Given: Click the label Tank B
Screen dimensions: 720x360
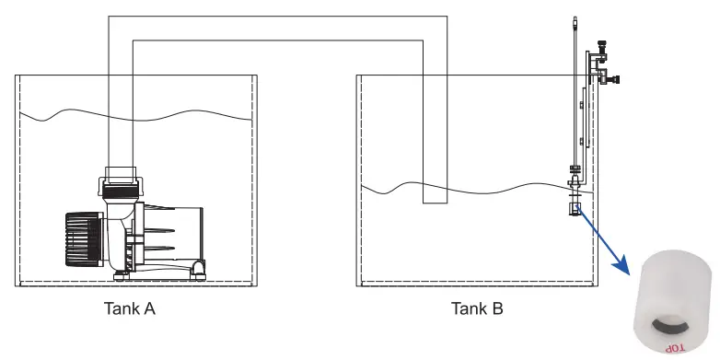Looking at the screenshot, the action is point(476,309).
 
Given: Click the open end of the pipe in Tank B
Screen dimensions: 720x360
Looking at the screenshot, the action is point(434,202).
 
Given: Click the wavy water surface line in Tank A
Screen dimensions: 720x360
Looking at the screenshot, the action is point(138,116).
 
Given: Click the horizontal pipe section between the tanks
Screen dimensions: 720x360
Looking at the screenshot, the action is point(276,27).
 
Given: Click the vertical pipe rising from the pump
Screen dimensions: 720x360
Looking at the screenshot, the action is point(121,110).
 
